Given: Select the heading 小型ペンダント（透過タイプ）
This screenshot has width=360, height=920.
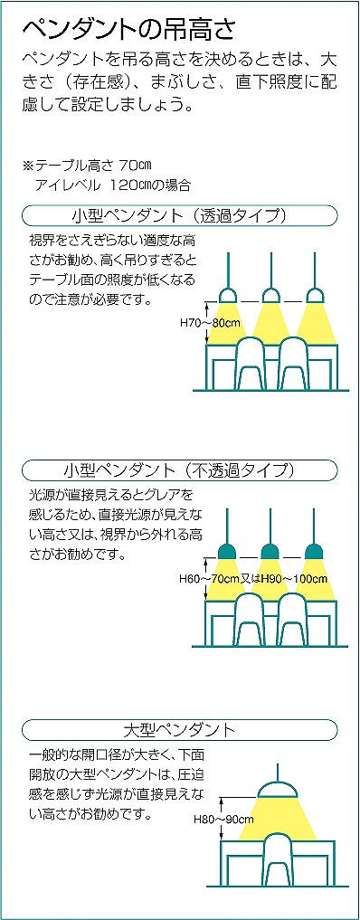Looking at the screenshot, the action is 180,214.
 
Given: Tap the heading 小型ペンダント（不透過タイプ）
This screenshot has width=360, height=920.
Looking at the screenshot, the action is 179,470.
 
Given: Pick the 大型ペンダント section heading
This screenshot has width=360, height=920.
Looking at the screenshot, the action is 179,730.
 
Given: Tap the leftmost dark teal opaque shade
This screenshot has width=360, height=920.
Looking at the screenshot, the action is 227,551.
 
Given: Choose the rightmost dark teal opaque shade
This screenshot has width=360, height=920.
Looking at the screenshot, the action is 315,551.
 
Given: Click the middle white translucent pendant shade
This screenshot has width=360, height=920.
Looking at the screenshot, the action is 270,295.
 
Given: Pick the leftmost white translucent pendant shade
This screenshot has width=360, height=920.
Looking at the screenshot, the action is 227,295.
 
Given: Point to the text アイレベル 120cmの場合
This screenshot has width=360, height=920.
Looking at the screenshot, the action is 112,185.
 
